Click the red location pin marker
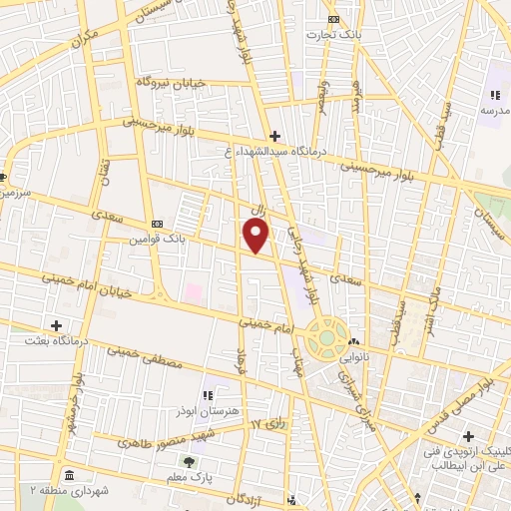click(x=256, y=235)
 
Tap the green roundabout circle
click(x=325, y=338)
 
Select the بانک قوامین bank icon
click(x=157, y=225)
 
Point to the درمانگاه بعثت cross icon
click(x=56, y=325)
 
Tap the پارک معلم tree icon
click(x=189, y=461)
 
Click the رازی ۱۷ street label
click(x=268, y=425)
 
